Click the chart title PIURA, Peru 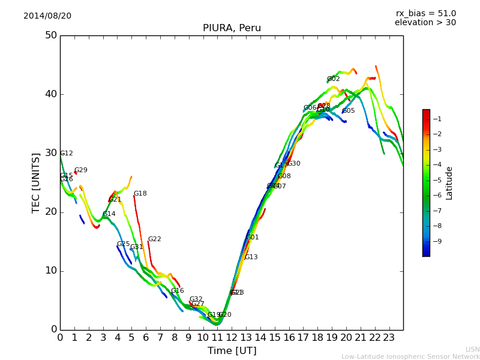(232, 28)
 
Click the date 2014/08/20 (47, 16)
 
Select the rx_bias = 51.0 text (426, 14)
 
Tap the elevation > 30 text (425, 23)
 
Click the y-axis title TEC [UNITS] (36, 182)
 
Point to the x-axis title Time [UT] (232, 351)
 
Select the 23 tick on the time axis (389, 338)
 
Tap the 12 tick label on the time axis (232, 338)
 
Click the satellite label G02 (334, 79)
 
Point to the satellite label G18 (140, 194)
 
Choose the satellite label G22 (154, 239)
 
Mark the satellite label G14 (109, 214)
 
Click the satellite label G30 (293, 164)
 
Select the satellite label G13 (251, 257)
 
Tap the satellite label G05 (348, 111)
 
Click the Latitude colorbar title (449, 183)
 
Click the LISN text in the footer (472, 349)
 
